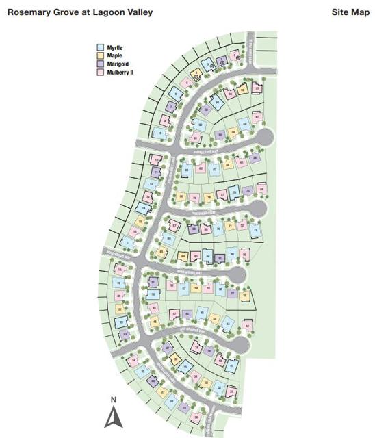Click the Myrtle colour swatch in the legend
click(99, 48)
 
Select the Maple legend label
click(114, 55)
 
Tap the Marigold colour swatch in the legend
click(99, 63)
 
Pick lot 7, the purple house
click(171, 107)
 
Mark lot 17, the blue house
click(127, 242)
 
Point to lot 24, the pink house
click(132, 361)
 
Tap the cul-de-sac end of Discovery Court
click(257, 207)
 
